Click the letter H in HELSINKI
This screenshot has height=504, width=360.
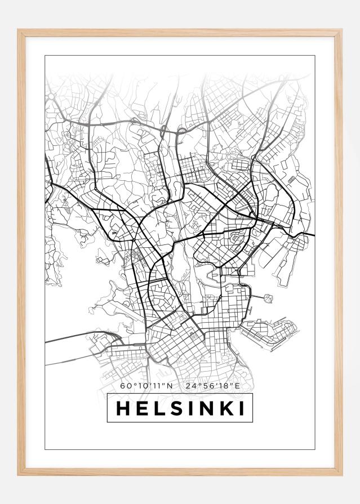(122, 408)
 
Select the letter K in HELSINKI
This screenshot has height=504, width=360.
(225, 408)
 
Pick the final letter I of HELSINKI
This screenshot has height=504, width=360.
(241, 408)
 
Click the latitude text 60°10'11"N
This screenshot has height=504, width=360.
(146, 386)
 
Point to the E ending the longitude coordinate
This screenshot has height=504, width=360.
(237, 386)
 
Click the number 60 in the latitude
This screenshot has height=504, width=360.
(125, 386)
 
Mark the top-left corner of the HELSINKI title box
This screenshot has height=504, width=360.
(107, 394)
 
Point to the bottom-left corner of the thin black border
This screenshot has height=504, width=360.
(45, 449)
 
